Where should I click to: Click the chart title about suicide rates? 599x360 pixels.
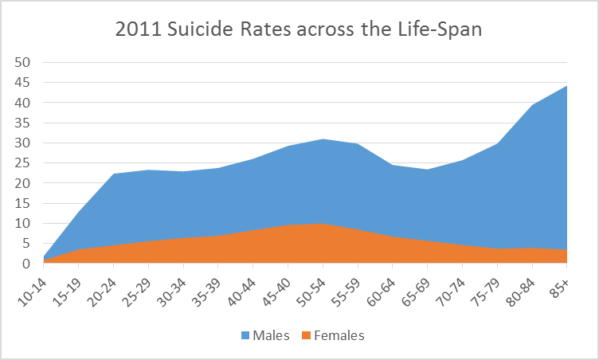tap(299, 29)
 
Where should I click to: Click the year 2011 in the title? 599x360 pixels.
tap(135, 29)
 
